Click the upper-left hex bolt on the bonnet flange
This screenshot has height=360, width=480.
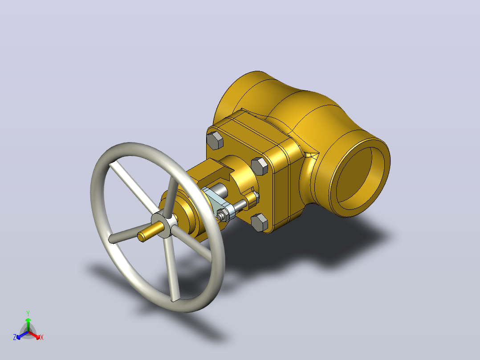click(x=215, y=140)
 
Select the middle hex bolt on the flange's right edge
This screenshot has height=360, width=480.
click(x=260, y=166)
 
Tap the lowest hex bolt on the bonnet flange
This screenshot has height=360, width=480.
click(x=260, y=222)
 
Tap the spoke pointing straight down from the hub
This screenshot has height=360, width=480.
click(x=171, y=269)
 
